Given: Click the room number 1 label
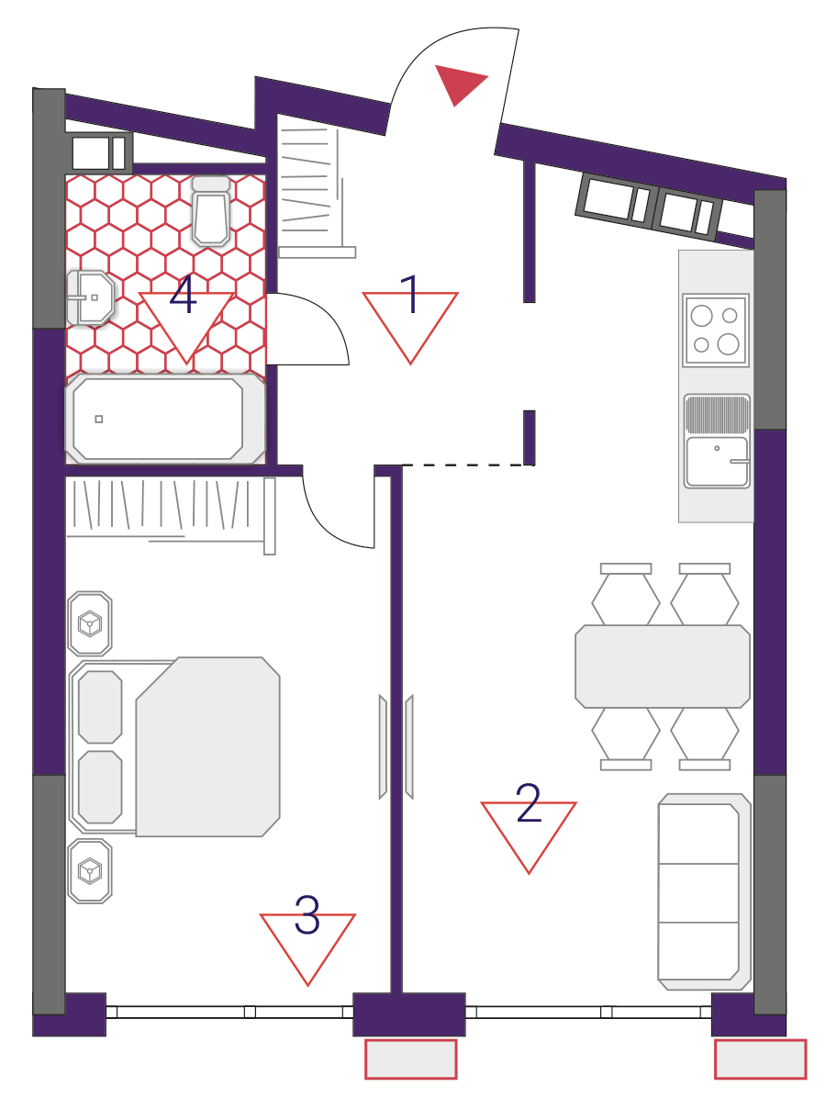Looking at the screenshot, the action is point(408,294).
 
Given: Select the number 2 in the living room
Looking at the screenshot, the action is point(529,802).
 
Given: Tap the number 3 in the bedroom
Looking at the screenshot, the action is point(307,914).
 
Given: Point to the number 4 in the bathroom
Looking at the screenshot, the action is point(183,294).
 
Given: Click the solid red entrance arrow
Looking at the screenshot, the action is point(459,84).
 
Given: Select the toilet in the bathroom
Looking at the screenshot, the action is point(211,210).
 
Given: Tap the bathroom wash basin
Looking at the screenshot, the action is point(91,297).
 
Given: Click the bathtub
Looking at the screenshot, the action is point(165,419).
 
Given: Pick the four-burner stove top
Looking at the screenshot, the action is point(715,330).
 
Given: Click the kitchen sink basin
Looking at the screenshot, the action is point(717,462).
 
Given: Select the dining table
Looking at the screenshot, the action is point(663,666).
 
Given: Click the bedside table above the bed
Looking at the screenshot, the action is point(90,623).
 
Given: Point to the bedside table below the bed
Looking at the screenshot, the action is point(90,871).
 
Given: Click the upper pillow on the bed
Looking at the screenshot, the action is point(100,707).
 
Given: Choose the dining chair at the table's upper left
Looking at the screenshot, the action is point(625,594).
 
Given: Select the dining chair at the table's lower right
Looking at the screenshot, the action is point(705,739).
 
